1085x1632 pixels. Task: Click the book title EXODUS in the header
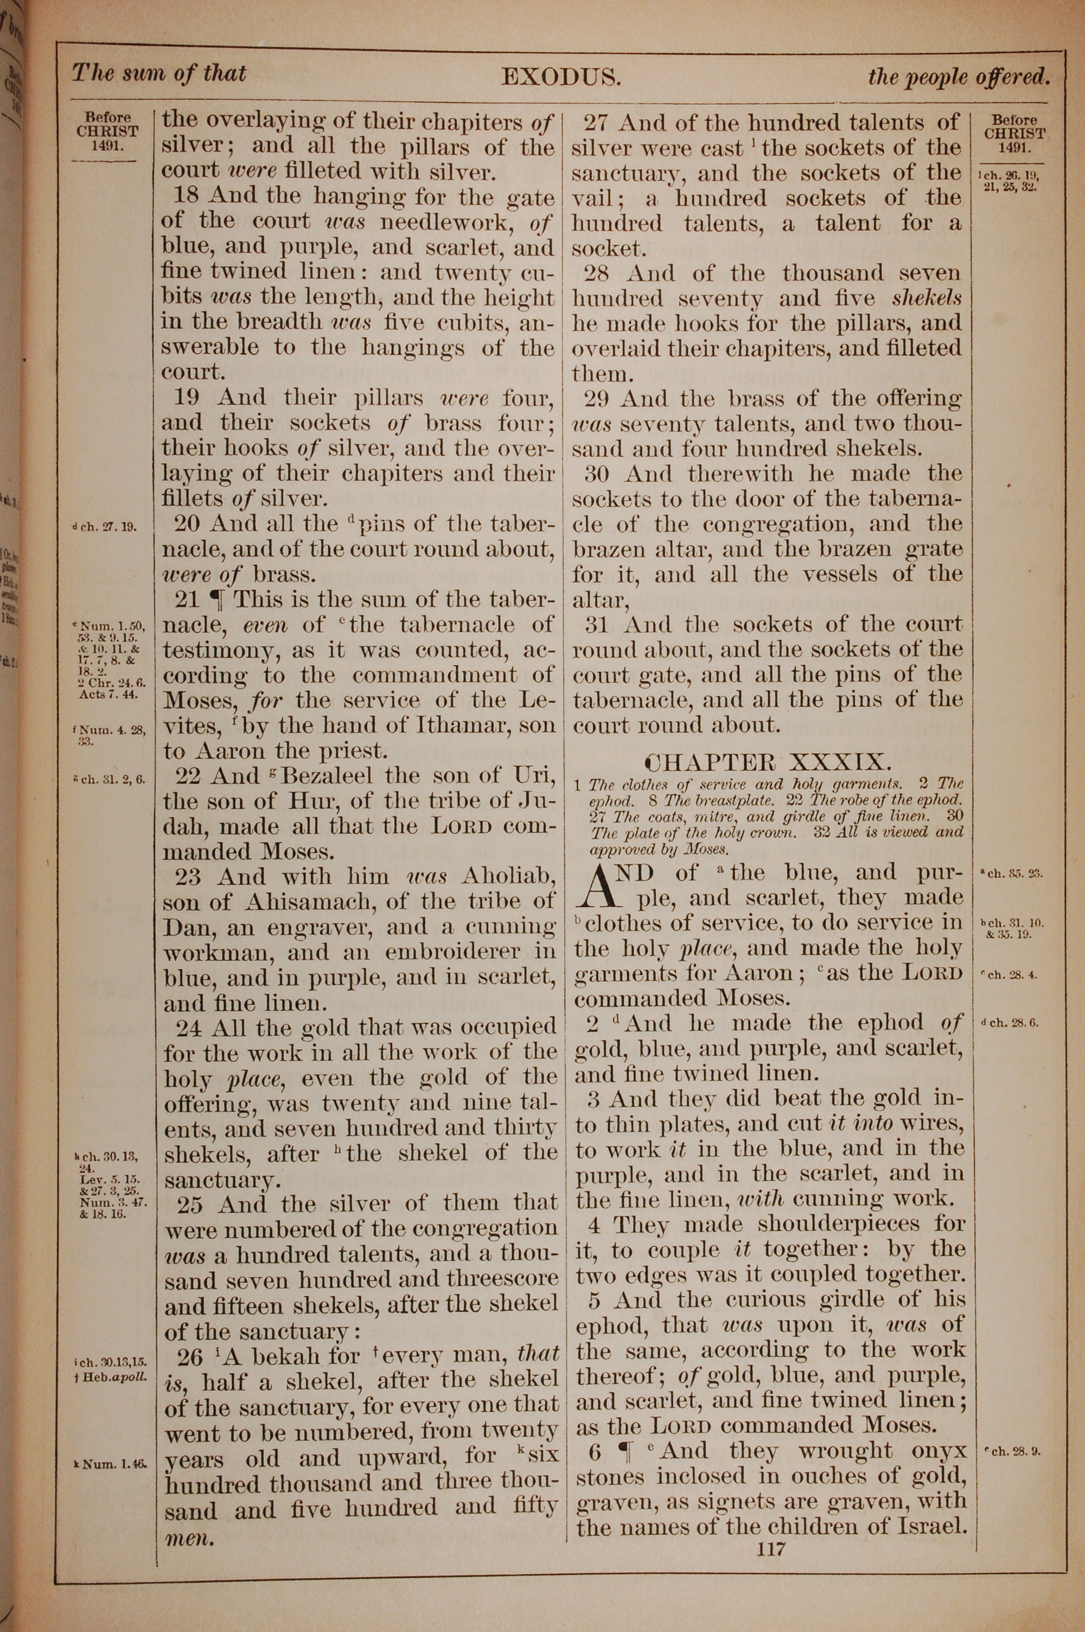[560, 75]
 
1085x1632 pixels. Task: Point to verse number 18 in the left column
[187, 196]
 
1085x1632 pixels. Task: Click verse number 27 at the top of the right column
[596, 123]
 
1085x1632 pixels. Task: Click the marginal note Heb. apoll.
[113, 1376]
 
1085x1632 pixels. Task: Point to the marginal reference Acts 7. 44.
[108, 694]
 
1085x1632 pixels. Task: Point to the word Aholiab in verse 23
[509, 877]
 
